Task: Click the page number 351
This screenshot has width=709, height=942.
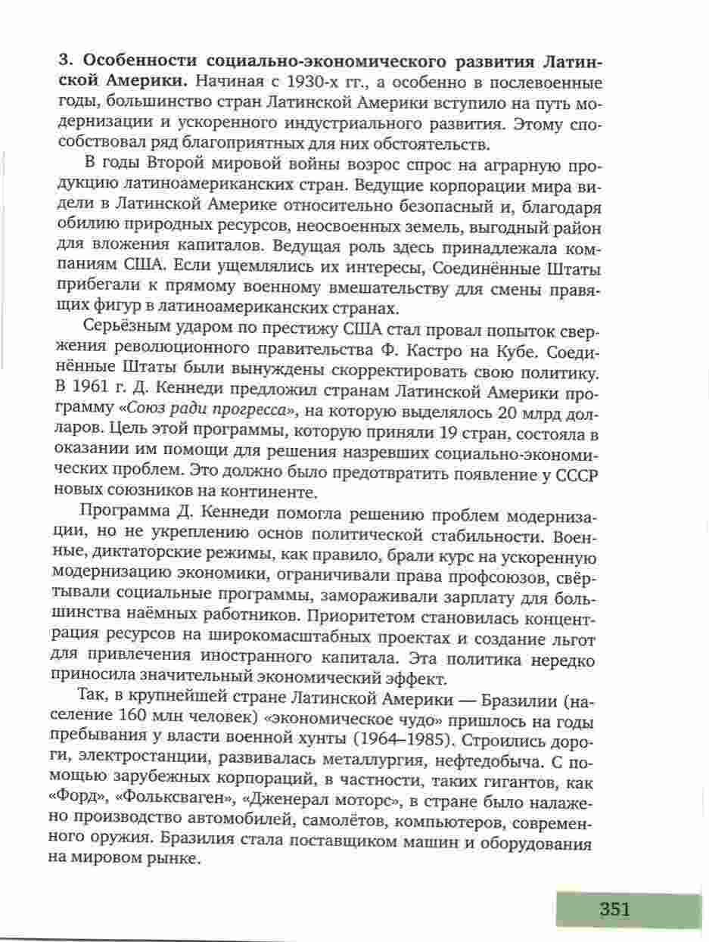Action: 614,909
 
